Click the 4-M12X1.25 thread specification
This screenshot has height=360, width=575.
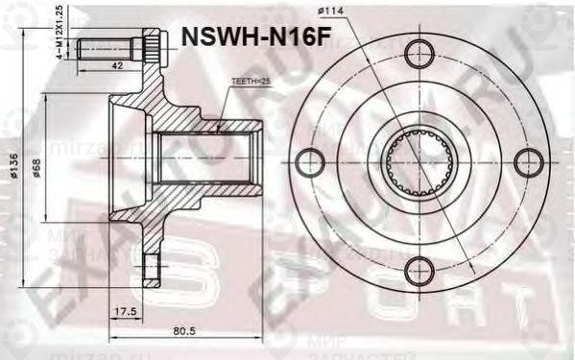pos(60,31)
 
